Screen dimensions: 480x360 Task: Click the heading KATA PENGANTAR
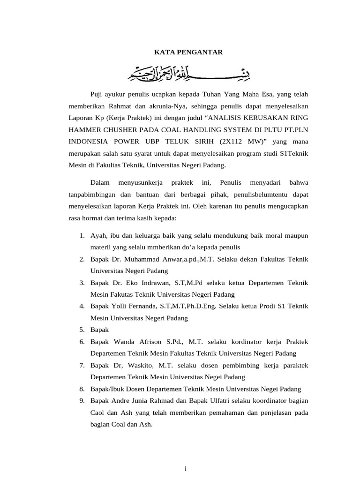(188, 52)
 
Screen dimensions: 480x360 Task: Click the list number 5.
(82, 330)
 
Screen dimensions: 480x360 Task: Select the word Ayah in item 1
(98, 235)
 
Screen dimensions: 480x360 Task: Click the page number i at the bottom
(186, 468)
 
